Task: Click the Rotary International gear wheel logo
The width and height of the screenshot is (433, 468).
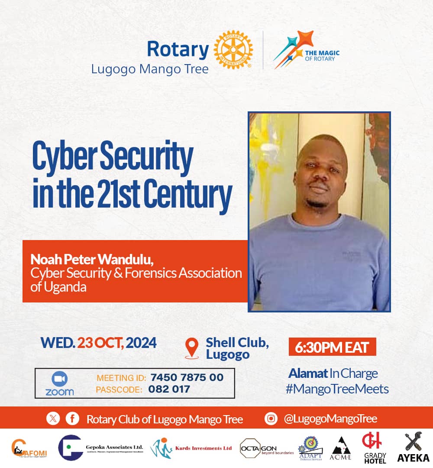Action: (233, 50)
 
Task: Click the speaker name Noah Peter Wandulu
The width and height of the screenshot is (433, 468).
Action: (92, 260)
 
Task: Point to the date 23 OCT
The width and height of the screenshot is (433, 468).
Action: (101, 343)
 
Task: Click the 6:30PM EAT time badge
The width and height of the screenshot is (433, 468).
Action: (332, 347)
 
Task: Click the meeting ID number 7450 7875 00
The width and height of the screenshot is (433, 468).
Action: (187, 377)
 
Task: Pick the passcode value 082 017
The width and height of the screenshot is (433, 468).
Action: (169, 389)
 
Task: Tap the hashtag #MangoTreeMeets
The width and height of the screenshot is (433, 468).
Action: (337, 389)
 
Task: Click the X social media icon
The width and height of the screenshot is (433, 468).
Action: (53, 419)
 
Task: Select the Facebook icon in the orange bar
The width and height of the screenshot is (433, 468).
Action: (72, 419)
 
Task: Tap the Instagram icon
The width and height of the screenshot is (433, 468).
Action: (271, 419)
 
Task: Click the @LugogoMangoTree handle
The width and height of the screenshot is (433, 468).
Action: (330, 419)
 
